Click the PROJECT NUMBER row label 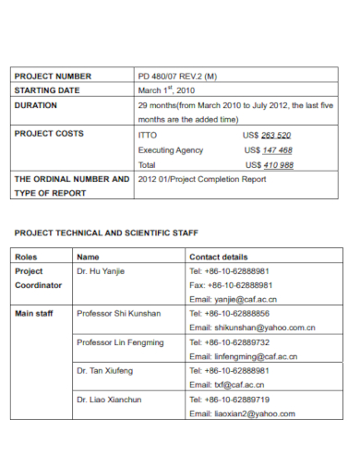pos(52,76)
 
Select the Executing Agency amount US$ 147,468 pos(269,149)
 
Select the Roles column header pos(26,257)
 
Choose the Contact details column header pos(218,257)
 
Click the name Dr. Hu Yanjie pos(101,271)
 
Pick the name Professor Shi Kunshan pos(119,314)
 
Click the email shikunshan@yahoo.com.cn pos(252,328)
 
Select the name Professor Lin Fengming pos(120,342)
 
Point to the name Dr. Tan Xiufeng pos(105,370)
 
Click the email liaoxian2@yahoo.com pos(242,413)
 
